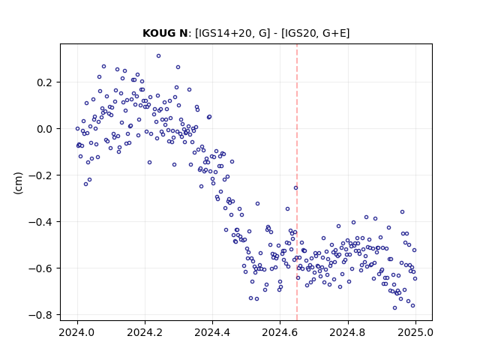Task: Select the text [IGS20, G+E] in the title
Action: click(315, 33)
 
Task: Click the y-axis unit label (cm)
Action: click(18, 183)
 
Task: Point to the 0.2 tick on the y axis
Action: click(45, 82)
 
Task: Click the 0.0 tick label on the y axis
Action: click(45, 129)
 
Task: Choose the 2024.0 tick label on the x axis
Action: click(77, 332)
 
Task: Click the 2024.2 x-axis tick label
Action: click(145, 332)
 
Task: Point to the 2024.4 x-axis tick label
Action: click(212, 332)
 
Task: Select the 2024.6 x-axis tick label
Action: click(280, 332)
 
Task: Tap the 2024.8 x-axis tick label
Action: click(348, 332)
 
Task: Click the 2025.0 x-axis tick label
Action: click(415, 332)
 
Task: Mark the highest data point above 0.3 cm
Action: click(158, 55)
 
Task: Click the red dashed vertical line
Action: click(297, 182)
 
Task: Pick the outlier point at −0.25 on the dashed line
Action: click(295, 188)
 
